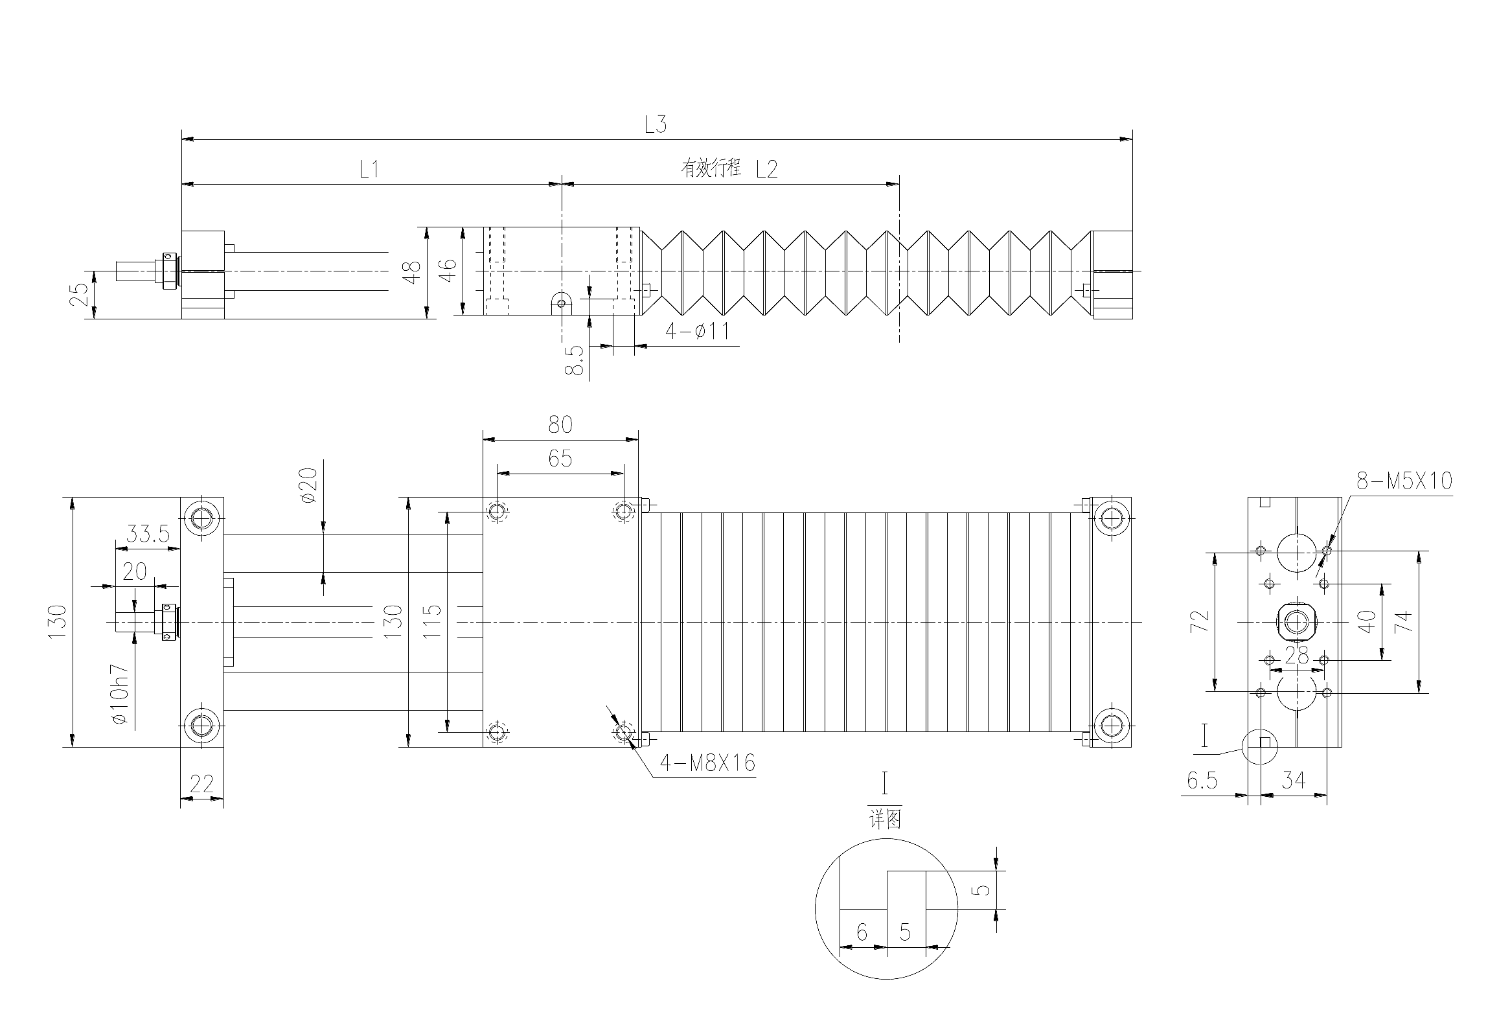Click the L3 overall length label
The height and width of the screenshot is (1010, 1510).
tap(656, 124)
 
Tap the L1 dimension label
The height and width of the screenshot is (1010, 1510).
tap(369, 170)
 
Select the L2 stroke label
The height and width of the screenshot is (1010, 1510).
tap(766, 170)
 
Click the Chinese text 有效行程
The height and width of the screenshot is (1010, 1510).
tap(710, 169)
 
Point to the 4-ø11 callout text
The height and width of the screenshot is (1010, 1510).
tap(698, 331)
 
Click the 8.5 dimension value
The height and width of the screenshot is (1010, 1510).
tap(575, 360)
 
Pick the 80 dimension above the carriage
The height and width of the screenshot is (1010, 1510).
tap(560, 424)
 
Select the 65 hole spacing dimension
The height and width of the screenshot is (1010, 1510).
tap(560, 458)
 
